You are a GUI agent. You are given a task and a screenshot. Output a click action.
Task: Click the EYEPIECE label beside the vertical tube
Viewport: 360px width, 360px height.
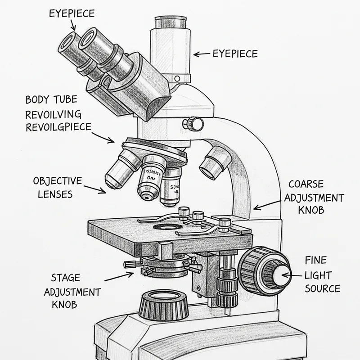(x=235, y=54)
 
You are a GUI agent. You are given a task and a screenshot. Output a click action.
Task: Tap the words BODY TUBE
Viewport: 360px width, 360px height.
(x=50, y=99)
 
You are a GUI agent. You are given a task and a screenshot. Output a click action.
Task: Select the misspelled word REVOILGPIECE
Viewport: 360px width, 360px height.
(x=58, y=126)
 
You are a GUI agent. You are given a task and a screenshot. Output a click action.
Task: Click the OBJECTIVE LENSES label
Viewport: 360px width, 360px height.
(x=58, y=188)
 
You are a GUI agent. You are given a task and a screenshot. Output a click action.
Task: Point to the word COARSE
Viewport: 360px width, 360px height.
(x=306, y=184)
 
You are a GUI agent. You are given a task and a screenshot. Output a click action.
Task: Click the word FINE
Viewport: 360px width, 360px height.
(x=315, y=260)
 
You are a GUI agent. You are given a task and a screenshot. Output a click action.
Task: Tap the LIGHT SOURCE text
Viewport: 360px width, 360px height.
(x=322, y=282)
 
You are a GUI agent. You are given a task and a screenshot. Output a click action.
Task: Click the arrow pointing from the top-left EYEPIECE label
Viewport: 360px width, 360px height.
(x=74, y=26)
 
